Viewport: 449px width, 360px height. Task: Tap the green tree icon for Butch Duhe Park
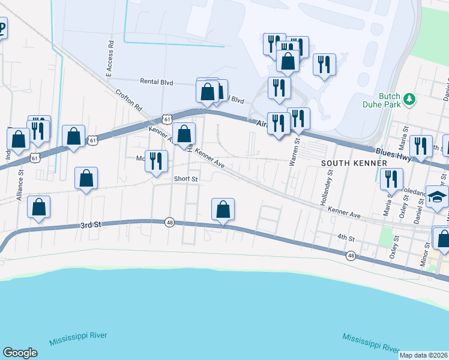click(x=410, y=97)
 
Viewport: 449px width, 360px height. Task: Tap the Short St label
click(x=186, y=179)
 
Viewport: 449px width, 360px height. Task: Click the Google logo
click(x=20, y=353)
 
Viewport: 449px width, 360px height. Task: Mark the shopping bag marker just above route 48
click(x=223, y=209)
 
